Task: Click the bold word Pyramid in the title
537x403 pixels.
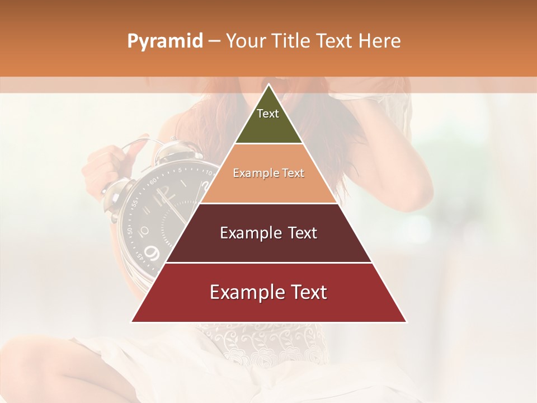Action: coord(165,41)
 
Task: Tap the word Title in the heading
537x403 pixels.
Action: coord(292,41)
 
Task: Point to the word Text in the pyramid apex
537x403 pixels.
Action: coord(268,114)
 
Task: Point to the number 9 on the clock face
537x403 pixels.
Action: coord(151,253)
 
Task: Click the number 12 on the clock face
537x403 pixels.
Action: coord(164,194)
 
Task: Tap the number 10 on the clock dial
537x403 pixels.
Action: coord(143,230)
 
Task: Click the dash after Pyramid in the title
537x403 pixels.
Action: coord(214,41)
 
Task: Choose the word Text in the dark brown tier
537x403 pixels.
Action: coord(299,233)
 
